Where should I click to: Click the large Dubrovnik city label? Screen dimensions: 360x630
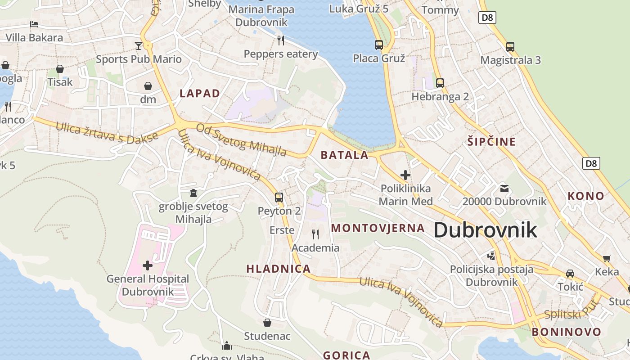[x=485, y=230]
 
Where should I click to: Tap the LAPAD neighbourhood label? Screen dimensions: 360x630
[x=200, y=94]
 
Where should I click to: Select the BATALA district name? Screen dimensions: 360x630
[x=344, y=155]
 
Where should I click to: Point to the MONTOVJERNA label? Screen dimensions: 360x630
[x=378, y=228]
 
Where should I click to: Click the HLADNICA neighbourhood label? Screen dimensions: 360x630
[x=279, y=269]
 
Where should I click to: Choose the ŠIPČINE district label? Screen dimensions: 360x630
[x=491, y=142]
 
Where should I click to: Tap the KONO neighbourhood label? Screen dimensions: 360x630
[x=585, y=196]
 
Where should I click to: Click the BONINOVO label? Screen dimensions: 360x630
[x=566, y=332]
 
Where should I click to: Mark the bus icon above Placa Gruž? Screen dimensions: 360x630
[x=379, y=45]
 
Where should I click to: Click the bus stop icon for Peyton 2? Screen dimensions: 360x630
[x=279, y=197]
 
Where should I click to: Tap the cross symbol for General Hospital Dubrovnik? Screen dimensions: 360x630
[x=148, y=265]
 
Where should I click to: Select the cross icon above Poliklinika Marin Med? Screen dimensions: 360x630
[x=405, y=175]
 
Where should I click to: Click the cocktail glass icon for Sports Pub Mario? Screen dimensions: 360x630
[x=139, y=45]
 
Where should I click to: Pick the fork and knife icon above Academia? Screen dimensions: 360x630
[x=315, y=234]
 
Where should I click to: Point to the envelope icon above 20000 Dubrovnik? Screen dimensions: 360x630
[x=504, y=188]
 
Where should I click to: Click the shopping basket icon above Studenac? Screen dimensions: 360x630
[x=267, y=323]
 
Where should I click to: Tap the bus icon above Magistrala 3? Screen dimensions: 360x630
[x=510, y=46]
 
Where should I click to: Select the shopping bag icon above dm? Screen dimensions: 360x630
[x=148, y=86]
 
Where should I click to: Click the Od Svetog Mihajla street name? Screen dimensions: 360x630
[x=241, y=139]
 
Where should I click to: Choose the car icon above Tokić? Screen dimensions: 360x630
[x=570, y=274]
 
